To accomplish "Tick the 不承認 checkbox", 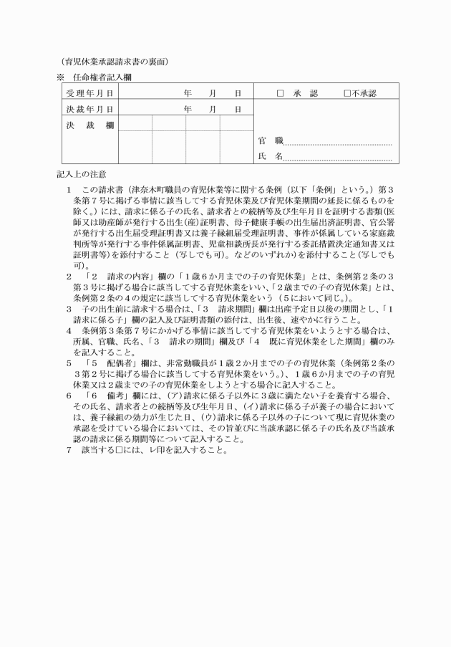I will [346, 94].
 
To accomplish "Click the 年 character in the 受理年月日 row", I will [188, 94].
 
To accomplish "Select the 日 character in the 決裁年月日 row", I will [238, 110].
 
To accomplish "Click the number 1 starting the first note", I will [68, 191].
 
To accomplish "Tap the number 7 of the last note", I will [68, 451].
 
